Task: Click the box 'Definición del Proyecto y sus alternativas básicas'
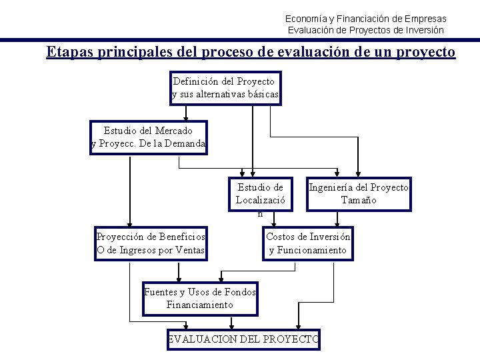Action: pyautogui.click(x=225, y=88)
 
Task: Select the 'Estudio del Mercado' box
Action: pyautogui.click(x=149, y=137)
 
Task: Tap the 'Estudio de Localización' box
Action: pyautogui.click(x=260, y=194)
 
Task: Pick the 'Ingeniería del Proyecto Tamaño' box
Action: pyautogui.click(x=359, y=194)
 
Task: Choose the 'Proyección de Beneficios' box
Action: pyautogui.click(x=151, y=243)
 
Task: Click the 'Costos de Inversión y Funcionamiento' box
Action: pyautogui.click(x=308, y=243)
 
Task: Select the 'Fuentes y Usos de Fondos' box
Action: pyautogui.click(x=200, y=298)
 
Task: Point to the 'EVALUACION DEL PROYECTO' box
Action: pyautogui.click(x=243, y=339)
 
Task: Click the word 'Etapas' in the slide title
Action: pyautogui.click(x=69, y=52)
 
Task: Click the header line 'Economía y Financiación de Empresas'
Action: pyautogui.click(x=366, y=19)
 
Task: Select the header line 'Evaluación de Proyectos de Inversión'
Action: pyautogui.click(x=366, y=30)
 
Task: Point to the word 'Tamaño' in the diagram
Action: pyautogui.click(x=359, y=200)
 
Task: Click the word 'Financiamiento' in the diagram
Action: pyautogui.click(x=200, y=305)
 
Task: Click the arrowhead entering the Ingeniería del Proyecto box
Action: pyautogui.click(x=358, y=173)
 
